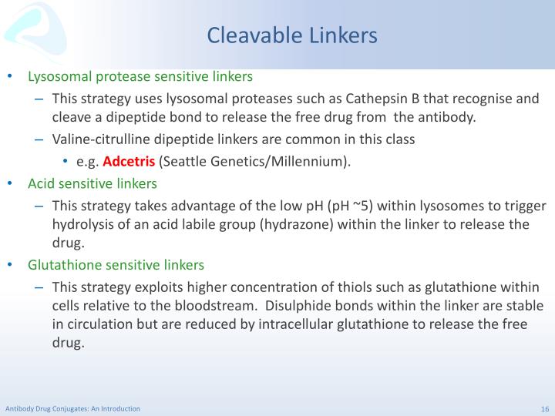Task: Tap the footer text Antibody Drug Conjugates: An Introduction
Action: [72, 409]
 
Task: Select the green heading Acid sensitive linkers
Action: [92, 183]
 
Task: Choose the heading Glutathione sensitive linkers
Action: [116, 265]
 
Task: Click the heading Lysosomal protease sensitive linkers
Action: [140, 77]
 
